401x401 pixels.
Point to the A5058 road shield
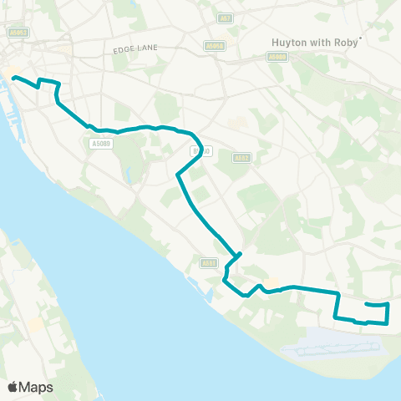point(215,47)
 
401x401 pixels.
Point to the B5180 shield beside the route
point(200,151)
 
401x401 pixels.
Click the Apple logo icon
point(12,387)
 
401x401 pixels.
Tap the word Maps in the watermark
point(36,387)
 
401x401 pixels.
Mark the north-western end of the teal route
point(14,78)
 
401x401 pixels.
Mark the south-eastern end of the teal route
point(367,304)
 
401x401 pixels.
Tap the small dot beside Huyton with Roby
point(360,37)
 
